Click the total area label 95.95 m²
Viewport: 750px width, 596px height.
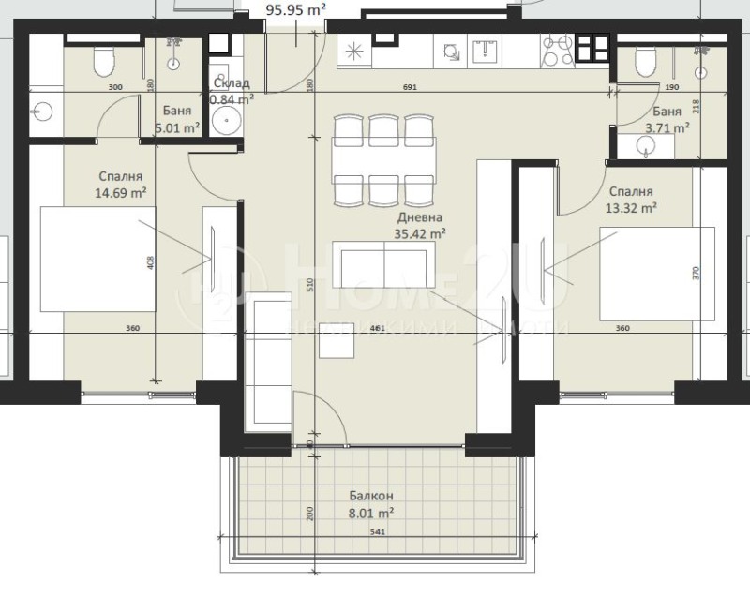click(296, 11)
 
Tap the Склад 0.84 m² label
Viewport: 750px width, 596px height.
click(231, 91)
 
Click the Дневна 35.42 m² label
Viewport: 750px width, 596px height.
click(419, 226)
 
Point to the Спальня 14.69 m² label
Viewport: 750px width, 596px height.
click(124, 185)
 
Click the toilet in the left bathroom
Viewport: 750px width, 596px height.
click(103, 62)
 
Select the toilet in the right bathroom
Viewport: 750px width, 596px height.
click(644, 62)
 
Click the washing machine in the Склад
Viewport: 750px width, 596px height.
click(226, 119)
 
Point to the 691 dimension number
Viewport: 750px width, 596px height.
click(409, 87)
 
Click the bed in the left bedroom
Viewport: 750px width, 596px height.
click(97, 260)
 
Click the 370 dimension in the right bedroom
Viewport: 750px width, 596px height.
click(696, 274)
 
